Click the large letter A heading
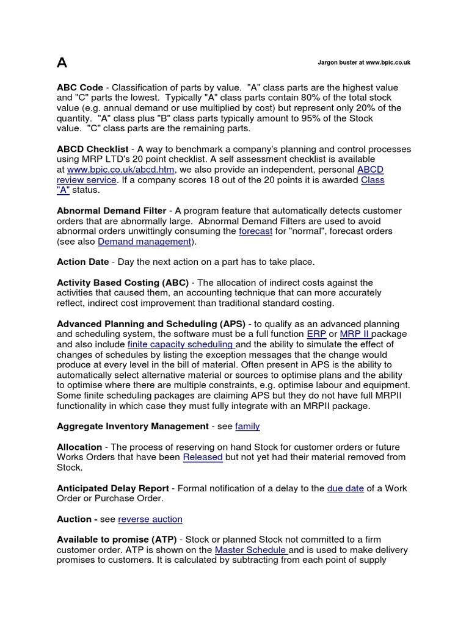pos(62,63)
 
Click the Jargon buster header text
pos(364,62)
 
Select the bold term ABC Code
pos(80,88)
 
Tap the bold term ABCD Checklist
pos(92,149)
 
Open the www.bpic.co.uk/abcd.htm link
pos(120,170)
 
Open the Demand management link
pos(144,242)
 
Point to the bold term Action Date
pos(82,262)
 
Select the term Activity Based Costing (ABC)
pos(123,283)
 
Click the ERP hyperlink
pos(316,334)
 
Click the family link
pos(247,426)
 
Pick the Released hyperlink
pos(203,457)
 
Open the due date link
pos(346,488)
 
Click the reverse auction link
pos(150,519)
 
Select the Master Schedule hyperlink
pos(251,550)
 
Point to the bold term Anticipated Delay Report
pos(113,488)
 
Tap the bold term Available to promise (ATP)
pos(117,540)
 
